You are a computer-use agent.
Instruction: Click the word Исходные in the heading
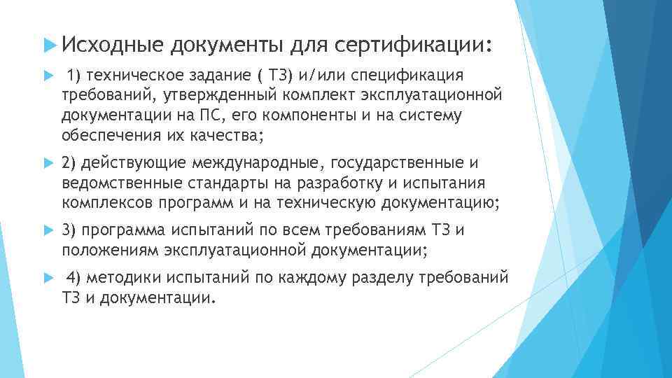(x=108, y=45)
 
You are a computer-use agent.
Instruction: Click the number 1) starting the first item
(x=74, y=76)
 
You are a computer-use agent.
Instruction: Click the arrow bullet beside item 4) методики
(x=48, y=279)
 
